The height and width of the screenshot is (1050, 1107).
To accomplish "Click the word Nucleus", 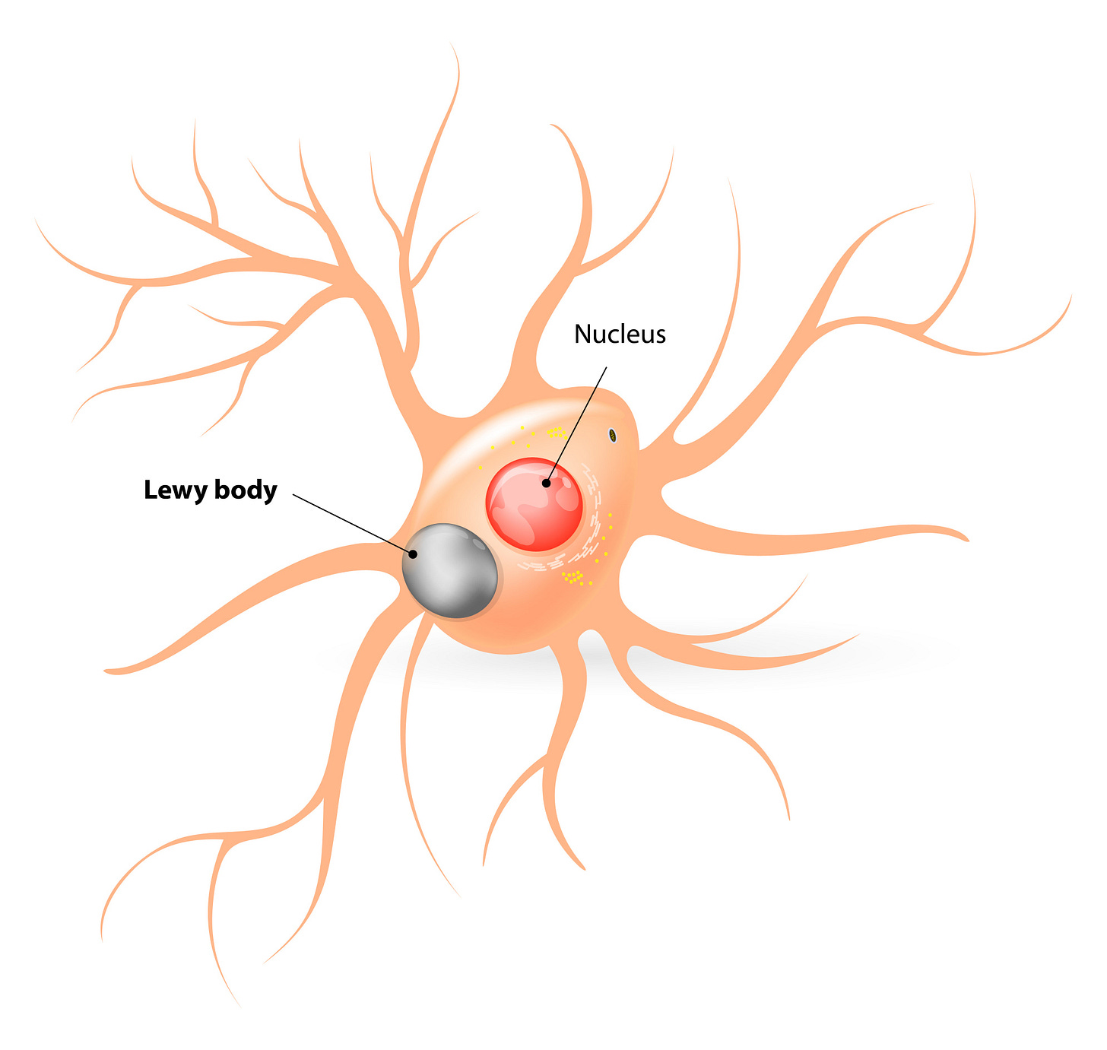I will click(x=620, y=334).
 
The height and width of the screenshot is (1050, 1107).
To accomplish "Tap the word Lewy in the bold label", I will click(x=176, y=490).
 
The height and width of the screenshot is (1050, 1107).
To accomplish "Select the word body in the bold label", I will click(x=245, y=490).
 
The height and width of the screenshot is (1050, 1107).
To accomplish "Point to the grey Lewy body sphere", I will click(x=449, y=571).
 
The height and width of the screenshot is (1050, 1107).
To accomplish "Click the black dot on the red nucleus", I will click(x=546, y=483).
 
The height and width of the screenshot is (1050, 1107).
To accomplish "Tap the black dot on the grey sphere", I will click(x=413, y=554).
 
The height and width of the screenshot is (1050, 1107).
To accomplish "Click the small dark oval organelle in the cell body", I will click(x=612, y=435).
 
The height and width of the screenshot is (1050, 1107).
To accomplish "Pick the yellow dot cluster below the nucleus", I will click(x=573, y=577).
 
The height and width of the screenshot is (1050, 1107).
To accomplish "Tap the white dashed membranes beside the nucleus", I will click(x=593, y=494).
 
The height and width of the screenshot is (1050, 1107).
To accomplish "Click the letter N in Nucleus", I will click(x=582, y=334).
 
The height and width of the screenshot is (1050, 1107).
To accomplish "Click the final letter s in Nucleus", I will click(x=660, y=336).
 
